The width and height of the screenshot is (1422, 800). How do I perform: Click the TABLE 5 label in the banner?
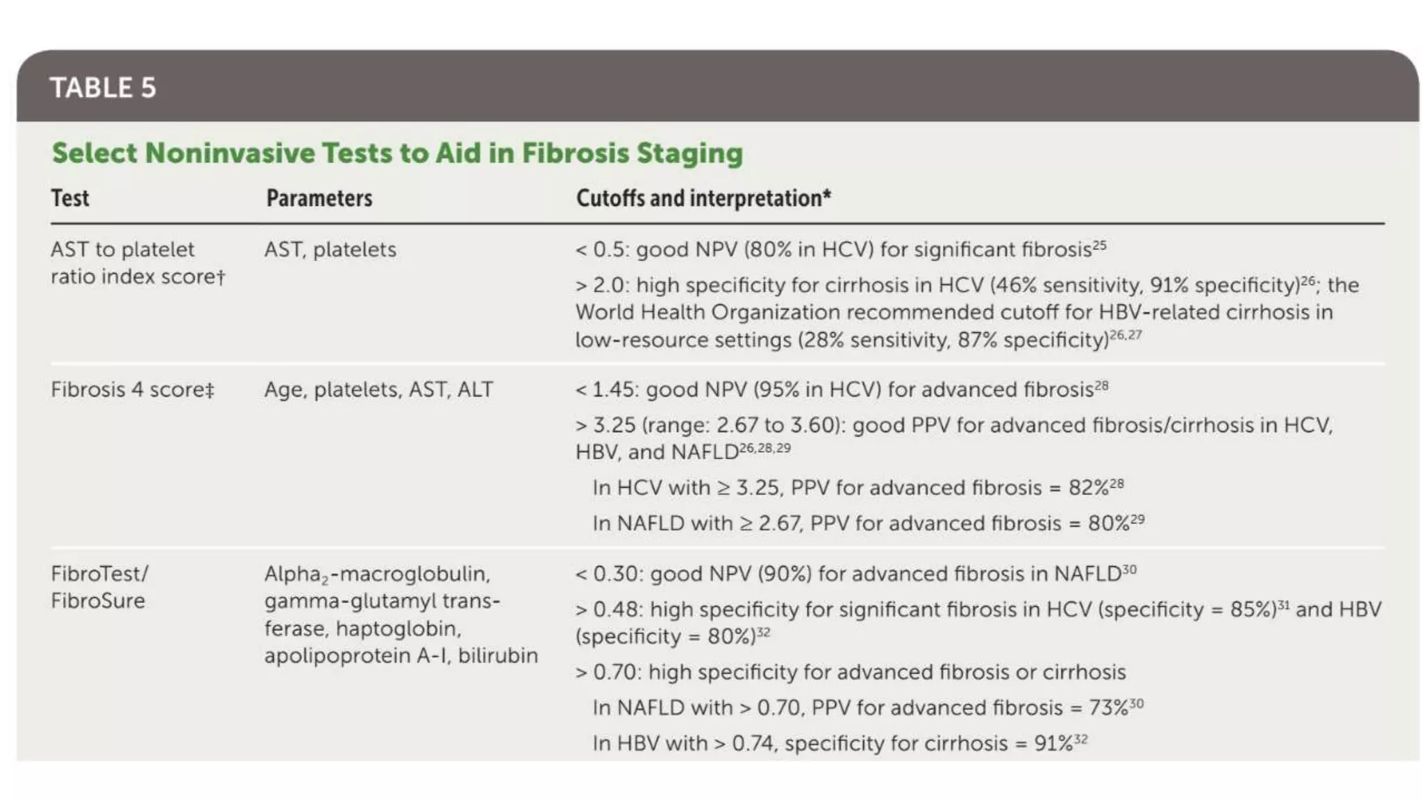pos(103,88)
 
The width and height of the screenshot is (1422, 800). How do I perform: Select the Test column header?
pos(70,199)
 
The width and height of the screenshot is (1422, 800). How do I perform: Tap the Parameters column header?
pos(319,199)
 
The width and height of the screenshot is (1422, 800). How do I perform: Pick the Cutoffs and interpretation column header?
pos(703,199)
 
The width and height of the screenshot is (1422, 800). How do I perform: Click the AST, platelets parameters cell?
pos(331,250)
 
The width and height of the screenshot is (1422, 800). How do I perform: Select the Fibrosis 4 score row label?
pos(132,390)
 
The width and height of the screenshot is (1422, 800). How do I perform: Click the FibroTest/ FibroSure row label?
pos(99,587)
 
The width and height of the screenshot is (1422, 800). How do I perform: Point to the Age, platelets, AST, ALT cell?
pos(378,390)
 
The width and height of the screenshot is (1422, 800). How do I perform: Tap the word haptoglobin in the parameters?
pos(399,629)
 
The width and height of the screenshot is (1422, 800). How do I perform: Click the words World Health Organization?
pos(708,312)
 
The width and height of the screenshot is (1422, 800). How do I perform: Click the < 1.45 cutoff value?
pos(602,390)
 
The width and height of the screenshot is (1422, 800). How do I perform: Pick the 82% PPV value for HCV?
pos(1088,488)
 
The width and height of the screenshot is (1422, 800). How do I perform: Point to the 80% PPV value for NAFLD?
pos(1108,524)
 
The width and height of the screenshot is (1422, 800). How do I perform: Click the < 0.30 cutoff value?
pos(604,574)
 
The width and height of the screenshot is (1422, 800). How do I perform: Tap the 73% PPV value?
pos(1108,708)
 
